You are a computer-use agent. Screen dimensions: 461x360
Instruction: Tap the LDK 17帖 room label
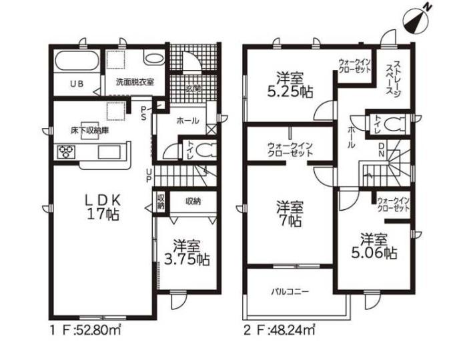click(x=103, y=207)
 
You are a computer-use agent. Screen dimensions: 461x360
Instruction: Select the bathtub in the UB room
click(x=77, y=61)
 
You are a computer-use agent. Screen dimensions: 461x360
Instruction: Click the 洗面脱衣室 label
click(x=135, y=82)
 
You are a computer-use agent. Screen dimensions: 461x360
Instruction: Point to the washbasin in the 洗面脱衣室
click(x=154, y=58)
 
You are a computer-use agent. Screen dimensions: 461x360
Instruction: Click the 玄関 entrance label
click(x=193, y=88)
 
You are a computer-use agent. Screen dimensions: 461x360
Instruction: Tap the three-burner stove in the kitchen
click(x=65, y=152)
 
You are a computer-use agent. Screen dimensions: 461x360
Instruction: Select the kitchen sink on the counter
click(x=109, y=152)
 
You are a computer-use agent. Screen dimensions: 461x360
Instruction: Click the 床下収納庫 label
click(x=89, y=130)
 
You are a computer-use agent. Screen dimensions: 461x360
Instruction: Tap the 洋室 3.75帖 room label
click(x=187, y=253)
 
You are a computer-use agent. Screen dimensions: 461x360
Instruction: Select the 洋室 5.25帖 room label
click(x=290, y=85)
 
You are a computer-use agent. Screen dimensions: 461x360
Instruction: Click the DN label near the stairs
click(x=381, y=149)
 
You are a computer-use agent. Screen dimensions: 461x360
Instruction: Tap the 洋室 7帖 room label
click(x=290, y=213)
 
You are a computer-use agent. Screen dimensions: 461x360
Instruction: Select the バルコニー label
click(x=290, y=292)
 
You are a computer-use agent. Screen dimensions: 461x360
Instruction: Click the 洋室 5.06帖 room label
click(x=374, y=246)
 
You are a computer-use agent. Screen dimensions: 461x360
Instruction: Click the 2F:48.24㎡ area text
click(x=280, y=330)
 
